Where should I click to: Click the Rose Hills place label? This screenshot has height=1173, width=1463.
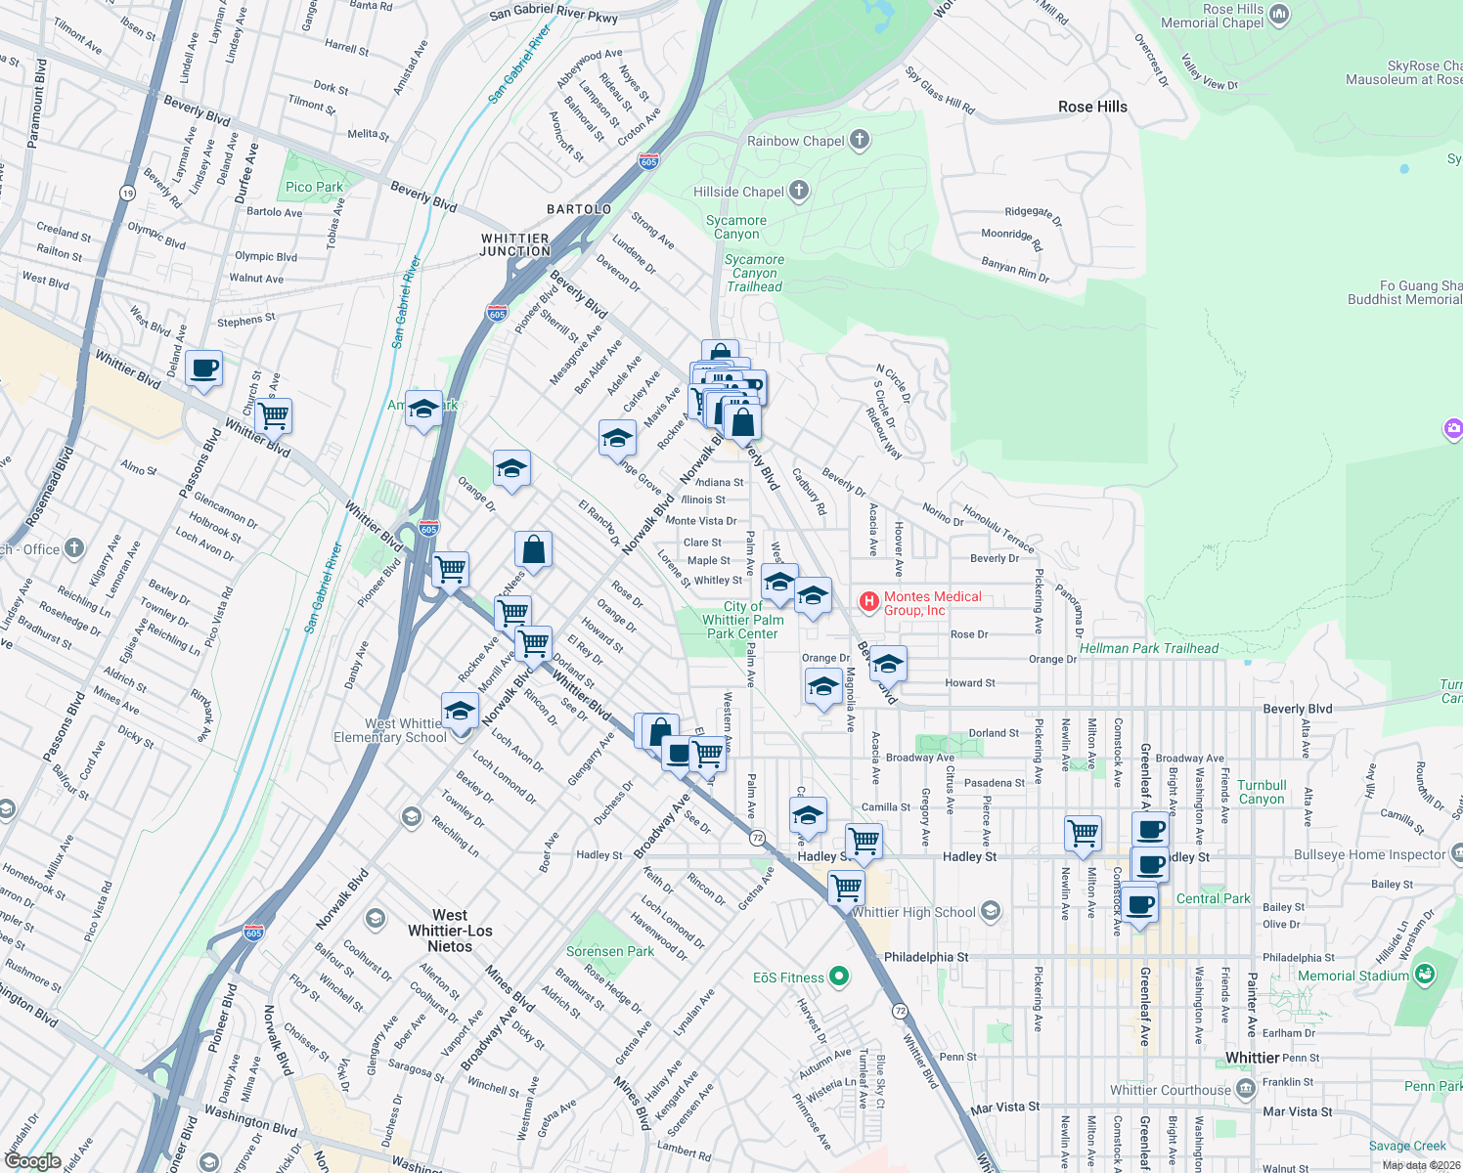coord(1092,107)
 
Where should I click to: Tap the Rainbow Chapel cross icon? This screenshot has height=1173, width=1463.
coord(860,140)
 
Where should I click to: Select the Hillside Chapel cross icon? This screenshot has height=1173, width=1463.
coord(799,191)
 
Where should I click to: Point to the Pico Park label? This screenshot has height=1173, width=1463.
coord(314,187)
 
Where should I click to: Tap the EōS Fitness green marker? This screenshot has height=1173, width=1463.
coord(838,977)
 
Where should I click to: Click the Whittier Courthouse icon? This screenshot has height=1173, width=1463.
coord(1245,1089)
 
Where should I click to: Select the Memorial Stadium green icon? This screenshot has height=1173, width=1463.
coord(1425,975)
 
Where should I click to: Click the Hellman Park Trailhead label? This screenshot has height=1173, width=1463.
coord(1149,648)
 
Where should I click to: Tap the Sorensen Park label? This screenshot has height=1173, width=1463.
coord(610,951)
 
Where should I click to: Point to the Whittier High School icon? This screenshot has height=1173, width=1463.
coord(991,911)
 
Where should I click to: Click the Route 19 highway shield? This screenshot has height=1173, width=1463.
coord(128,193)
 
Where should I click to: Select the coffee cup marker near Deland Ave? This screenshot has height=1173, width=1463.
coord(203,369)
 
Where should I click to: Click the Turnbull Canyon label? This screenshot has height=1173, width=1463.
coord(1262,792)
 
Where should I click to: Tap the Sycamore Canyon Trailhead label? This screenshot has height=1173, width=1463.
coord(754,273)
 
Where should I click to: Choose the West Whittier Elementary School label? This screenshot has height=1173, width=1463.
coord(391,730)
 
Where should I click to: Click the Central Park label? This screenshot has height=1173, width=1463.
coord(1213,898)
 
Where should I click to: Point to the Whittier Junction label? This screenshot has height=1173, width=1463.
coord(515,244)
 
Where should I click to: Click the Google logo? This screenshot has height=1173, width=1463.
coord(33,1160)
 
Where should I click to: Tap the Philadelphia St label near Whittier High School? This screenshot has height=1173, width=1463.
coord(926,957)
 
